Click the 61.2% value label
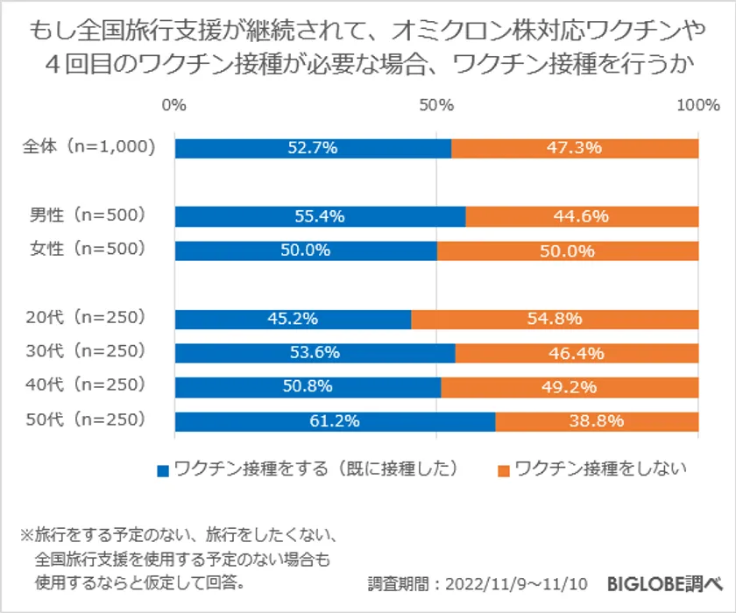(335, 421)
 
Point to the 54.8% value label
(555, 320)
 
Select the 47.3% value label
(575, 148)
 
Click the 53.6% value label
(315, 353)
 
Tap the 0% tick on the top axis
(174, 106)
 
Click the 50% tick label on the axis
(435, 106)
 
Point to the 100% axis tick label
(697, 106)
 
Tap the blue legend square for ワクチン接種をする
(163, 470)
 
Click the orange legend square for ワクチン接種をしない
(503, 470)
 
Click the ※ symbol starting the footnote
(25, 534)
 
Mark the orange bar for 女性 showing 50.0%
(568, 250)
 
